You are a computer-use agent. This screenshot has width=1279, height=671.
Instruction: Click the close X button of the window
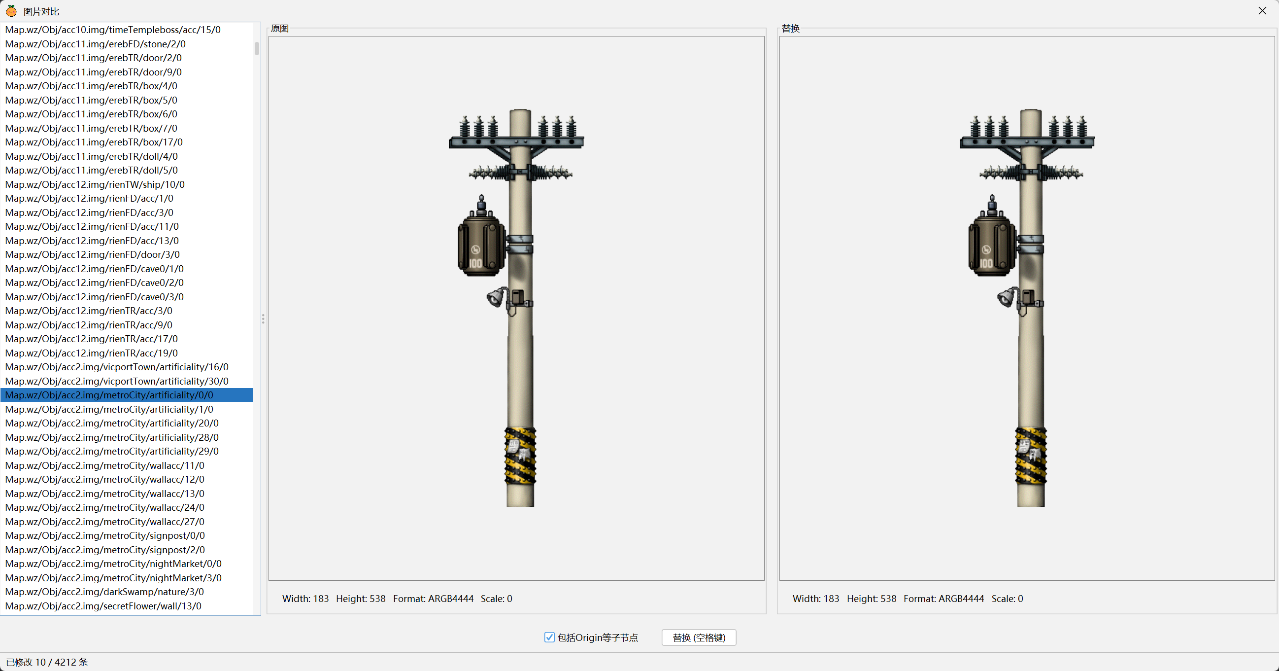(x=1262, y=10)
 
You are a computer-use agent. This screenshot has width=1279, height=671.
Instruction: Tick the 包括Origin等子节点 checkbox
(x=549, y=637)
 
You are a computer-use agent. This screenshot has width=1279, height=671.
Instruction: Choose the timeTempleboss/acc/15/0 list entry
(x=113, y=30)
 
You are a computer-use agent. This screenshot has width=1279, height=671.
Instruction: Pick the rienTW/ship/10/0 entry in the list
(x=95, y=184)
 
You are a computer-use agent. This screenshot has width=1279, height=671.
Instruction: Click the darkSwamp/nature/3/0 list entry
(x=104, y=592)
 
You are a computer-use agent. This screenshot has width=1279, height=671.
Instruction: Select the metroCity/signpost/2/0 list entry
(x=105, y=550)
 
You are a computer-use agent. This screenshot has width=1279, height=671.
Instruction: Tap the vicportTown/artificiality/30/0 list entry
(x=117, y=381)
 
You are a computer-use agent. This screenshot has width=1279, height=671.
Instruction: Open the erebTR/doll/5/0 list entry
(x=91, y=171)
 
